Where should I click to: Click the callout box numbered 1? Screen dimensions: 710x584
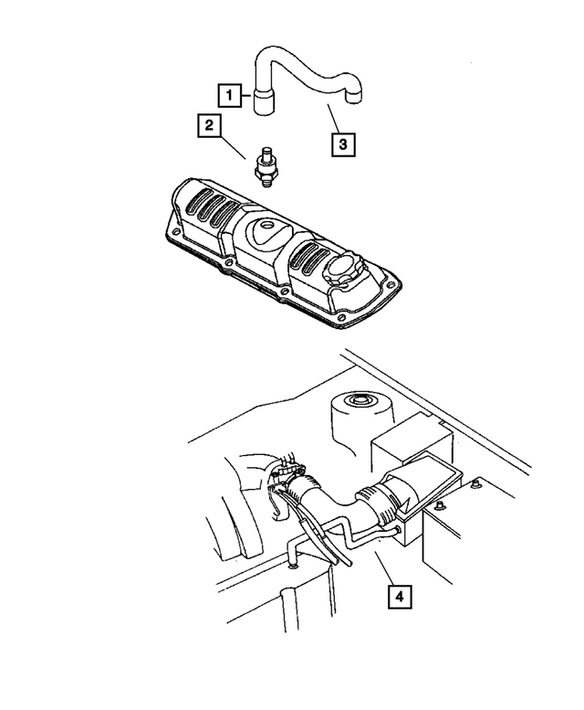[x=230, y=93]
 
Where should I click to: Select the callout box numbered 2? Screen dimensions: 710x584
[x=210, y=126]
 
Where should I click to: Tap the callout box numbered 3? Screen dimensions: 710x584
[x=342, y=143]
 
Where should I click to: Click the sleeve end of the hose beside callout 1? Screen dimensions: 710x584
[x=266, y=98]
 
